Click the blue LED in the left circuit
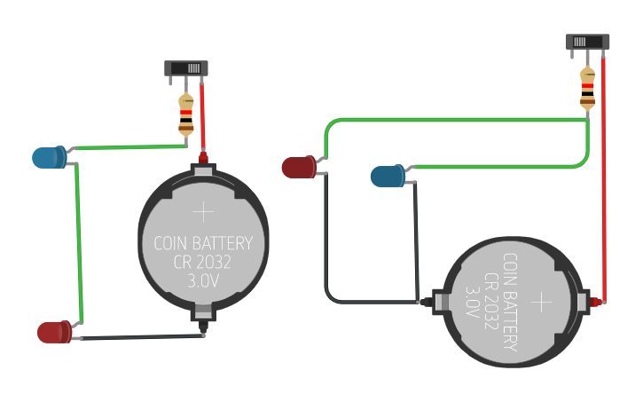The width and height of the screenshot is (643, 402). coord(48,158)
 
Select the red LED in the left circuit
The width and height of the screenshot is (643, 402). coord(53,333)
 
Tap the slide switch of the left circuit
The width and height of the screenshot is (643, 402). coord(186,68)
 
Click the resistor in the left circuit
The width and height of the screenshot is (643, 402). coord(185,114)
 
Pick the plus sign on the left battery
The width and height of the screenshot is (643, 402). coord(204,211)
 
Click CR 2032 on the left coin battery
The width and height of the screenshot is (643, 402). coord(203,262)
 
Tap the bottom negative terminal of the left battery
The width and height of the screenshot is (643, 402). coord(204,315)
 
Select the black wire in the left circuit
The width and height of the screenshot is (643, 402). coord(142,337)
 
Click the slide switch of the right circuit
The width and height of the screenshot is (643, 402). coord(587,42)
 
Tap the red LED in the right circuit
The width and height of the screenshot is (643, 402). coord(299,166)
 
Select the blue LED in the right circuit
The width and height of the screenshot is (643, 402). coord(388,176)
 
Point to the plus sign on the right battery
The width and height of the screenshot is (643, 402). coord(541,303)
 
